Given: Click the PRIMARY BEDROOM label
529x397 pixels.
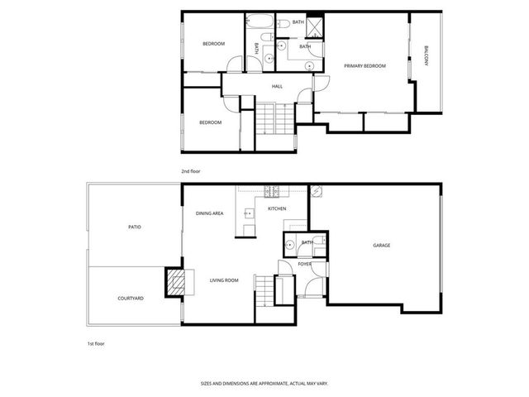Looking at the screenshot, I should pos(365,65).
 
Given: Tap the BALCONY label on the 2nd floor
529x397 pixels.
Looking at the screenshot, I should pos(427,55).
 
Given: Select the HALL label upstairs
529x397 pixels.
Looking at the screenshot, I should pos(278,86).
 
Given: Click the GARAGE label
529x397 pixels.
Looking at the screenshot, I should pos(381,245).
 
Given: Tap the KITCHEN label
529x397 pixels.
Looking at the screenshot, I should pos(277,208).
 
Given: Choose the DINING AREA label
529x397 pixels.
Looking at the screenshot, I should pos(210,213).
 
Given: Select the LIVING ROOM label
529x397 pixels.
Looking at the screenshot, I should pos(223,280).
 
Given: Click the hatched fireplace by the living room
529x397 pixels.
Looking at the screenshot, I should pos(174,282).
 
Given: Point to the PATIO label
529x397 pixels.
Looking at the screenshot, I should pos(134,226).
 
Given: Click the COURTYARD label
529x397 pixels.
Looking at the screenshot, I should pos(131,298).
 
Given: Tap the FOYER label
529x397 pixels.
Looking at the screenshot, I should pos(305,265).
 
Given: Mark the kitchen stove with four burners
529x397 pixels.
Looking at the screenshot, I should pos(270,193).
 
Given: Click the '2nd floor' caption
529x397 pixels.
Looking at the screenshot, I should pos(191,171).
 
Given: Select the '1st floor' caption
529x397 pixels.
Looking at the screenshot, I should pos(97,342).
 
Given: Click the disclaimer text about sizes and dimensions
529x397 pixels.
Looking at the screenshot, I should pos(264,383).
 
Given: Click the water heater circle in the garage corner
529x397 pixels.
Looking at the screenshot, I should pos(316,192).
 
